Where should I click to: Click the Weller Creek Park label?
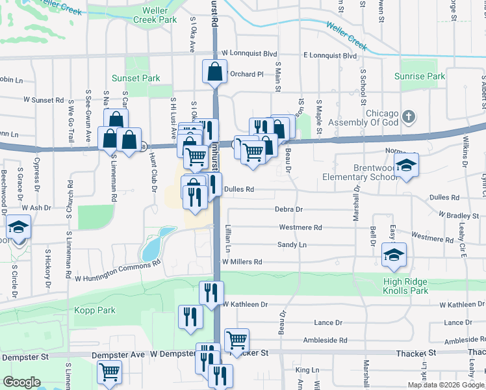pyautogui.click(x=155, y=15)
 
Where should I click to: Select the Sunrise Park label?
pyautogui.click(x=420, y=76)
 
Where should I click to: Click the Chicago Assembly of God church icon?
pyautogui.click(x=408, y=118)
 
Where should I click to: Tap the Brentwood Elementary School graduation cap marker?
pyautogui.click(x=406, y=165)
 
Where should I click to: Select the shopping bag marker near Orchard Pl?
pyautogui.click(x=214, y=72)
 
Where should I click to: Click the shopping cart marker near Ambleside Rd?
pyautogui.click(x=237, y=340)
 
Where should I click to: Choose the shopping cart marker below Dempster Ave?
pyautogui.click(x=109, y=372)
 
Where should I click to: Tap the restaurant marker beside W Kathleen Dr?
pyautogui.click(x=211, y=294)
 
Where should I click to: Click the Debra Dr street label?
pyautogui.click(x=289, y=210)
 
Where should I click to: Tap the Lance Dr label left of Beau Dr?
pyautogui.click(x=327, y=322)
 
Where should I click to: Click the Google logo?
pyautogui.click(x=21, y=382)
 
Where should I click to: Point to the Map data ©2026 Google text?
pyautogui.click(x=444, y=385)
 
